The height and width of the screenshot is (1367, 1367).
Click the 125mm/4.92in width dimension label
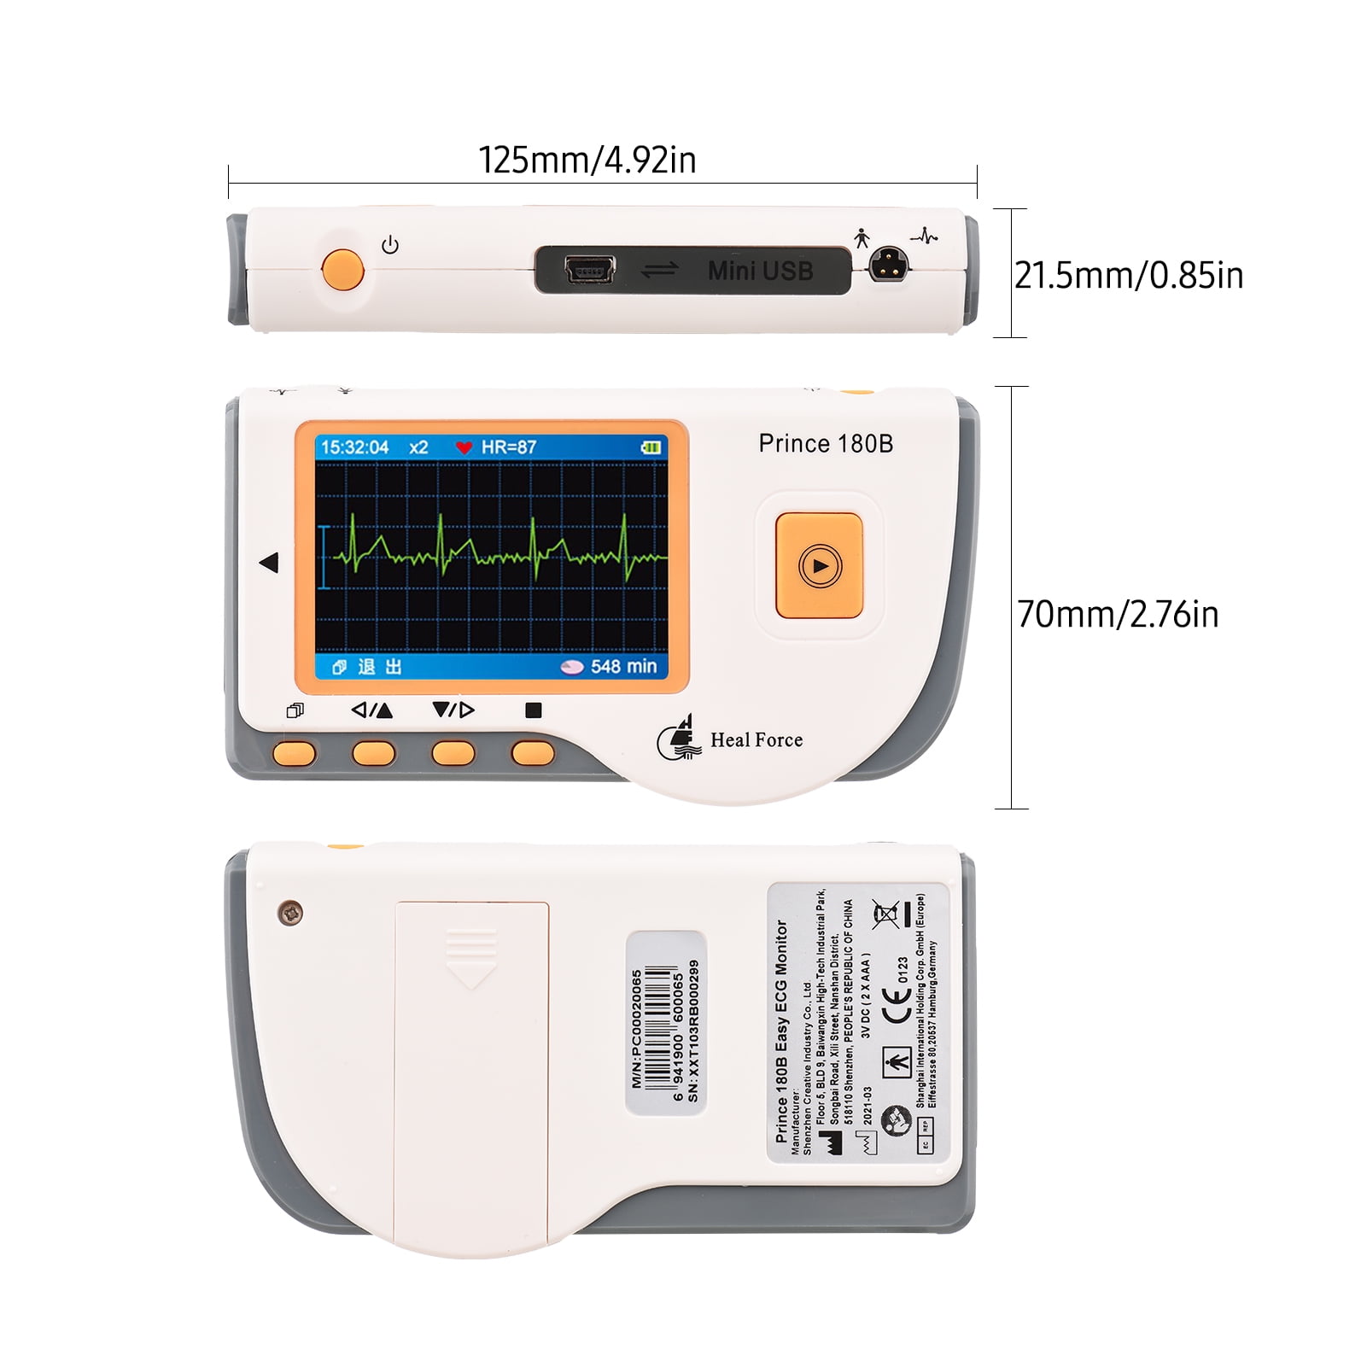[x=587, y=160]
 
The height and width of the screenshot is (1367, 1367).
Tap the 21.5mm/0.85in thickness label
[x=1128, y=275]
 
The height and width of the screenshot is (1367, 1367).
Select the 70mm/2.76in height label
[x=1117, y=614]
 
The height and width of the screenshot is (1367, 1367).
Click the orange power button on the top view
[x=342, y=269]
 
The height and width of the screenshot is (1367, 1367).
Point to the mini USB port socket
[x=589, y=271]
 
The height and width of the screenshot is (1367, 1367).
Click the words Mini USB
[x=760, y=271]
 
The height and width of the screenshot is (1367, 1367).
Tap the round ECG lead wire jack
[x=888, y=265]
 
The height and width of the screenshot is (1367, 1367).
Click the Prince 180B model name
[x=826, y=443]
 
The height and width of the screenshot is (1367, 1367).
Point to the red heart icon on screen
[x=464, y=447]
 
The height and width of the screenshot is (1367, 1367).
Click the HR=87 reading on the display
[x=509, y=447]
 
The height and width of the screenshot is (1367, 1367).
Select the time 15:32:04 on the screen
[x=354, y=447]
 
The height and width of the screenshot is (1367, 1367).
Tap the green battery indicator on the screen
[x=651, y=447]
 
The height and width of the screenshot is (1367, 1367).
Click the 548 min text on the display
[x=623, y=666]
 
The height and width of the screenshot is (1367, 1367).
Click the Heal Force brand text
[x=756, y=740]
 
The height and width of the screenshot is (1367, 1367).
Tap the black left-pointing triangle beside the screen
[x=269, y=563]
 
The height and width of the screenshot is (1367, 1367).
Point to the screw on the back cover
[x=290, y=913]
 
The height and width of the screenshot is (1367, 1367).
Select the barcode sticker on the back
[x=666, y=1023]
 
